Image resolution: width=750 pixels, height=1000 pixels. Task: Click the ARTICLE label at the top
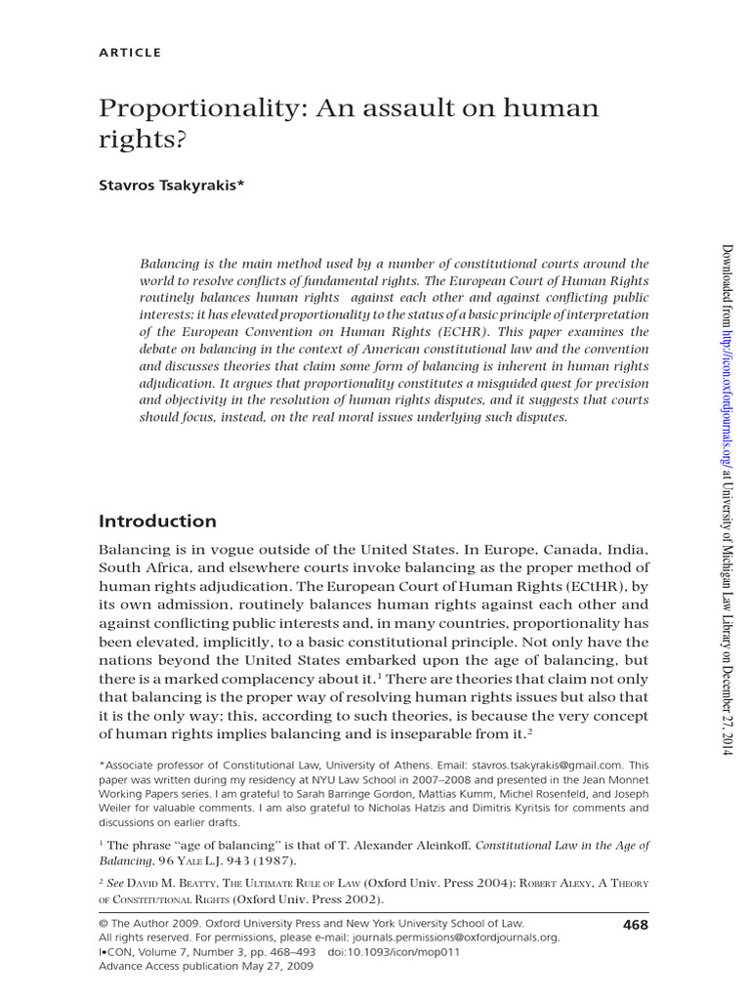point(130,52)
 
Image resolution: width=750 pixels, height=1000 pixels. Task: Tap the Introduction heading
point(157,521)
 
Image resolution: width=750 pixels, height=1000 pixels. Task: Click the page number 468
point(635,925)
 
